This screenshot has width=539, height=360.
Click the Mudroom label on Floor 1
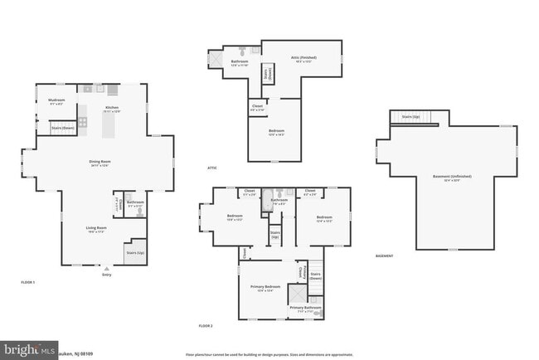[x=57, y=100]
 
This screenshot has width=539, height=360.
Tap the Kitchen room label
[x=112, y=108]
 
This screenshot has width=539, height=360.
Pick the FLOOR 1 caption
[x=28, y=283]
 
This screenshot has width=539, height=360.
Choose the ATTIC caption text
[x=213, y=168]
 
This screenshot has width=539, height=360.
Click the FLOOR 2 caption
[x=206, y=326]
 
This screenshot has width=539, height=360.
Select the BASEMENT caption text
[x=385, y=255]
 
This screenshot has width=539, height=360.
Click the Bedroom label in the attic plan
[x=276, y=130]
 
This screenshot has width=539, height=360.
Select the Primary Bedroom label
[x=265, y=286]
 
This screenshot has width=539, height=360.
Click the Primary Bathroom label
[x=305, y=308]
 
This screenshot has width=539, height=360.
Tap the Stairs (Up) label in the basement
[x=410, y=117]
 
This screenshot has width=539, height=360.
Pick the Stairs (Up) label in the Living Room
[x=135, y=252]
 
